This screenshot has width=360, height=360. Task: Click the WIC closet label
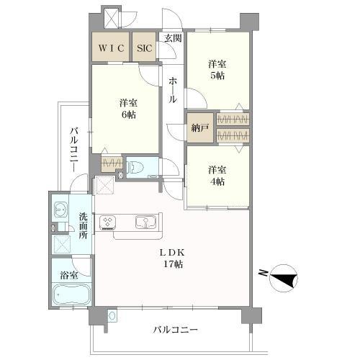click(x=111, y=48)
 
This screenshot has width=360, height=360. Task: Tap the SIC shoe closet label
click(x=145, y=48)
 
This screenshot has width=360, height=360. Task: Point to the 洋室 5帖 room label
click(x=217, y=71)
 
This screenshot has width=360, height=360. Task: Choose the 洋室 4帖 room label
click(x=217, y=175)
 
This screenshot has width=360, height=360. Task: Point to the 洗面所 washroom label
click(x=84, y=225)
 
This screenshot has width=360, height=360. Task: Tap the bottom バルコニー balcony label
click(x=175, y=330)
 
